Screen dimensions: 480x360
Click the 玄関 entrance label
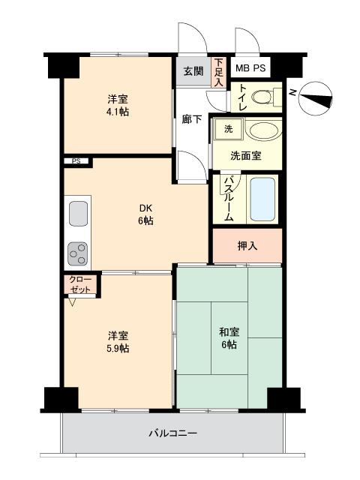[x=193, y=72]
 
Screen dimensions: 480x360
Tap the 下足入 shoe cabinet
[x=219, y=73]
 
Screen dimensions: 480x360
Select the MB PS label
[x=250, y=69]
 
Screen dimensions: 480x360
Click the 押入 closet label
[x=247, y=245]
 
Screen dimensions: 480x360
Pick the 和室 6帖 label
[x=229, y=337]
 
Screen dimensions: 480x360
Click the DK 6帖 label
[x=145, y=213]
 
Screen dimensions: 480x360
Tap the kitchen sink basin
[x=79, y=214]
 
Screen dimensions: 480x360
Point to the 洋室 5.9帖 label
[x=118, y=342]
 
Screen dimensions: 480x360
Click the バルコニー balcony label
[x=172, y=433]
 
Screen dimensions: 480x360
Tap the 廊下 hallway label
[x=191, y=118]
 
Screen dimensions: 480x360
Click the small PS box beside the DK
[x=76, y=161]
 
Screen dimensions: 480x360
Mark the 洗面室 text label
[x=245, y=156]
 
